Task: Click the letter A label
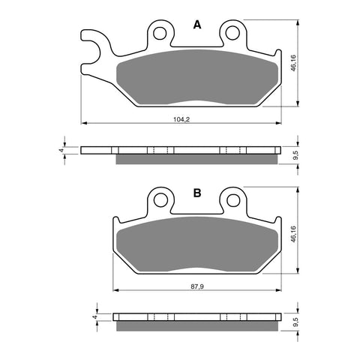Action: coord(197,25)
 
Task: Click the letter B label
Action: coord(197,193)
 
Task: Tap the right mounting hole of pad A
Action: coord(232,32)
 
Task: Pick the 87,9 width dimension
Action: coord(196,286)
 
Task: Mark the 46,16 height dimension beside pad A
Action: coord(294,62)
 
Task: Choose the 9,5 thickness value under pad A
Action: coord(295,157)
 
